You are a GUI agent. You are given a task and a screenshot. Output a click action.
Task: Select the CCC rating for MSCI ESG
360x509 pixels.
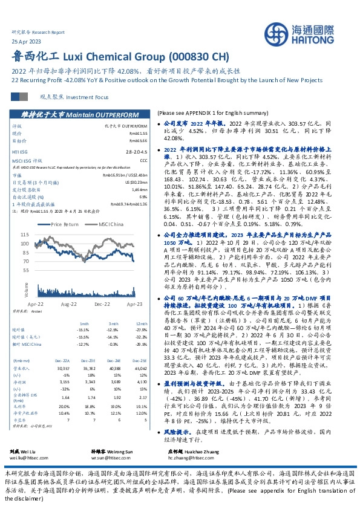(x=143, y=160)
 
